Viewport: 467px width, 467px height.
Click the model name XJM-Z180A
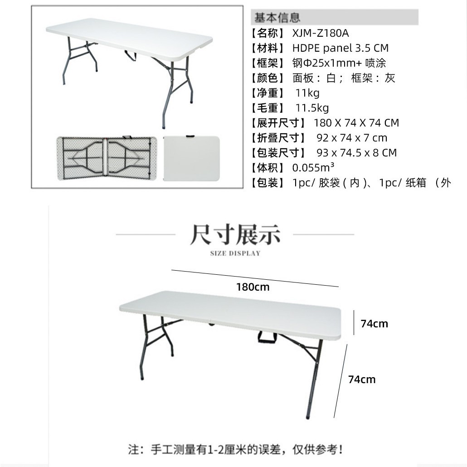pyautogui.click(x=321, y=33)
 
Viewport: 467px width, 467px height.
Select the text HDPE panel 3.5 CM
pyautogui.click(x=340, y=48)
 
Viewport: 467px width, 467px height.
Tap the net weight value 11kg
pyautogui.click(x=307, y=93)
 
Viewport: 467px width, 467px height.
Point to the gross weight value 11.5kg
pyautogui.click(x=312, y=108)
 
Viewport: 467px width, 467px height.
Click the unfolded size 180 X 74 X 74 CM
pyautogui.click(x=356, y=123)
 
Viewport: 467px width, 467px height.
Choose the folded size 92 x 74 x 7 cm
pyautogui.click(x=352, y=138)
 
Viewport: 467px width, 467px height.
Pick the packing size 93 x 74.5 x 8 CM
pyautogui.click(x=357, y=153)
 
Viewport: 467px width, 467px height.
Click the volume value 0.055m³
pyautogui.click(x=313, y=168)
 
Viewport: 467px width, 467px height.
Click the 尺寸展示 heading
pyautogui.click(x=235, y=234)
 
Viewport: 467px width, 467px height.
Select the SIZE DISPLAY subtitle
pyautogui.click(x=235, y=253)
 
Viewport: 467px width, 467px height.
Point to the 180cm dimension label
pyautogui.click(x=253, y=287)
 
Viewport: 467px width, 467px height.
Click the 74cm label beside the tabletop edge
pyautogui.click(x=374, y=324)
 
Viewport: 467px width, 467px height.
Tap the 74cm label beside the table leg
pyautogui.click(x=362, y=379)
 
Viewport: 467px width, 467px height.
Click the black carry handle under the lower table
pyautogui.click(x=268, y=337)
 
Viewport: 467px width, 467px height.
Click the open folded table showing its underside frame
pyautogui.click(x=107, y=158)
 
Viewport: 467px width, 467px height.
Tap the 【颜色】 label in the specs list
pyautogui.click(x=268, y=78)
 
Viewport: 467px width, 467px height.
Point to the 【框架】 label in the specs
pyautogui.click(x=268, y=63)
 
